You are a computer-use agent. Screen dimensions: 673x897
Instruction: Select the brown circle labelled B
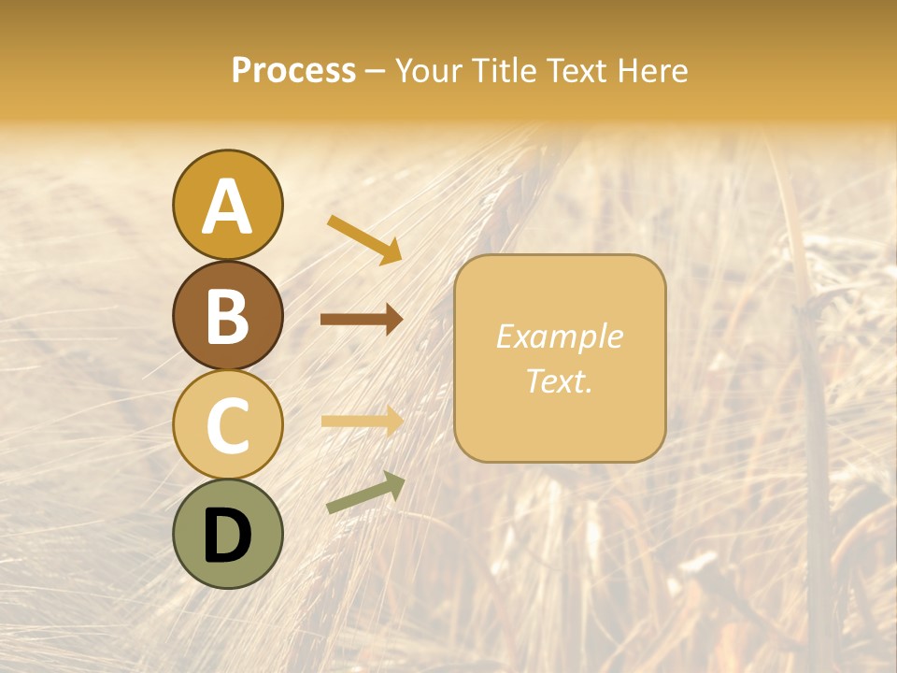pyautogui.click(x=227, y=315)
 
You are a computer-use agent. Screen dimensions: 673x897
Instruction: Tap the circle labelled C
pyautogui.click(x=227, y=424)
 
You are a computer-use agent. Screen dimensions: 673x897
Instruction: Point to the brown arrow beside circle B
pyautogui.click(x=362, y=320)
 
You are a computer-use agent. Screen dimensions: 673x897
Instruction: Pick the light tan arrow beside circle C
pyautogui.click(x=362, y=421)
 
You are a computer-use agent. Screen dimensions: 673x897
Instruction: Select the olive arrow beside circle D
pyautogui.click(x=365, y=492)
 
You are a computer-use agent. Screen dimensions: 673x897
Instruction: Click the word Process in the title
pyautogui.click(x=293, y=71)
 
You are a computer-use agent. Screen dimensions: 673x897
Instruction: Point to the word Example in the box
pyautogui.click(x=560, y=336)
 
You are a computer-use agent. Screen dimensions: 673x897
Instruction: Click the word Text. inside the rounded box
pyautogui.click(x=560, y=380)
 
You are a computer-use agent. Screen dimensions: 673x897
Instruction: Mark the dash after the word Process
pyautogui.click(x=376, y=72)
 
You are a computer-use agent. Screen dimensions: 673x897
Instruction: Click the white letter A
pyautogui.click(x=227, y=208)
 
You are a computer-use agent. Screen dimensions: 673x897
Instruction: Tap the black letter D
pyautogui.click(x=227, y=537)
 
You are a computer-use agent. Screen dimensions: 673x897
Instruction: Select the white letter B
pyautogui.click(x=227, y=317)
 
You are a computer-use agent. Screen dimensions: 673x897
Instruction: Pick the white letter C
pyautogui.click(x=227, y=425)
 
